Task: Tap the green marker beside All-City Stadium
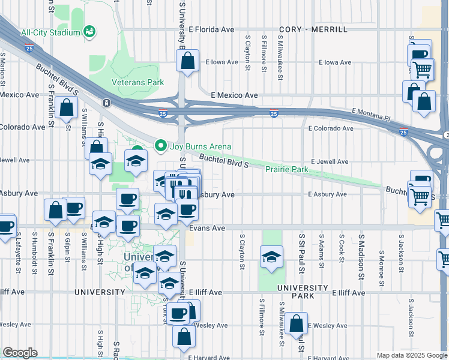tap(89, 31)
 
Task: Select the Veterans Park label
tap(137, 82)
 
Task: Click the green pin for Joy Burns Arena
tap(160, 146)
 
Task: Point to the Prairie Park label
tap(287, 170)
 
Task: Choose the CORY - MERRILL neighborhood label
tap(314, 29)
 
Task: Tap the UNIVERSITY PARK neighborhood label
tap(303, 288)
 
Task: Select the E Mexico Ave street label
tap(234, 95)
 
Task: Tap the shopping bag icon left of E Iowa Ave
tap(188, 61)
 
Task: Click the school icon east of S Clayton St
tap(272, 257)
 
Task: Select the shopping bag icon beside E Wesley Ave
tap(296, 323)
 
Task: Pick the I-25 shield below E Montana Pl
tap(402, 132)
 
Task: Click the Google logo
tap(20, 353)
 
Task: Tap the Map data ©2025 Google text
tap(411, 355)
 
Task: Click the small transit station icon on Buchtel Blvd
tap(106, 103)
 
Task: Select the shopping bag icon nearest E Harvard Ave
tap(184, 337)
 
